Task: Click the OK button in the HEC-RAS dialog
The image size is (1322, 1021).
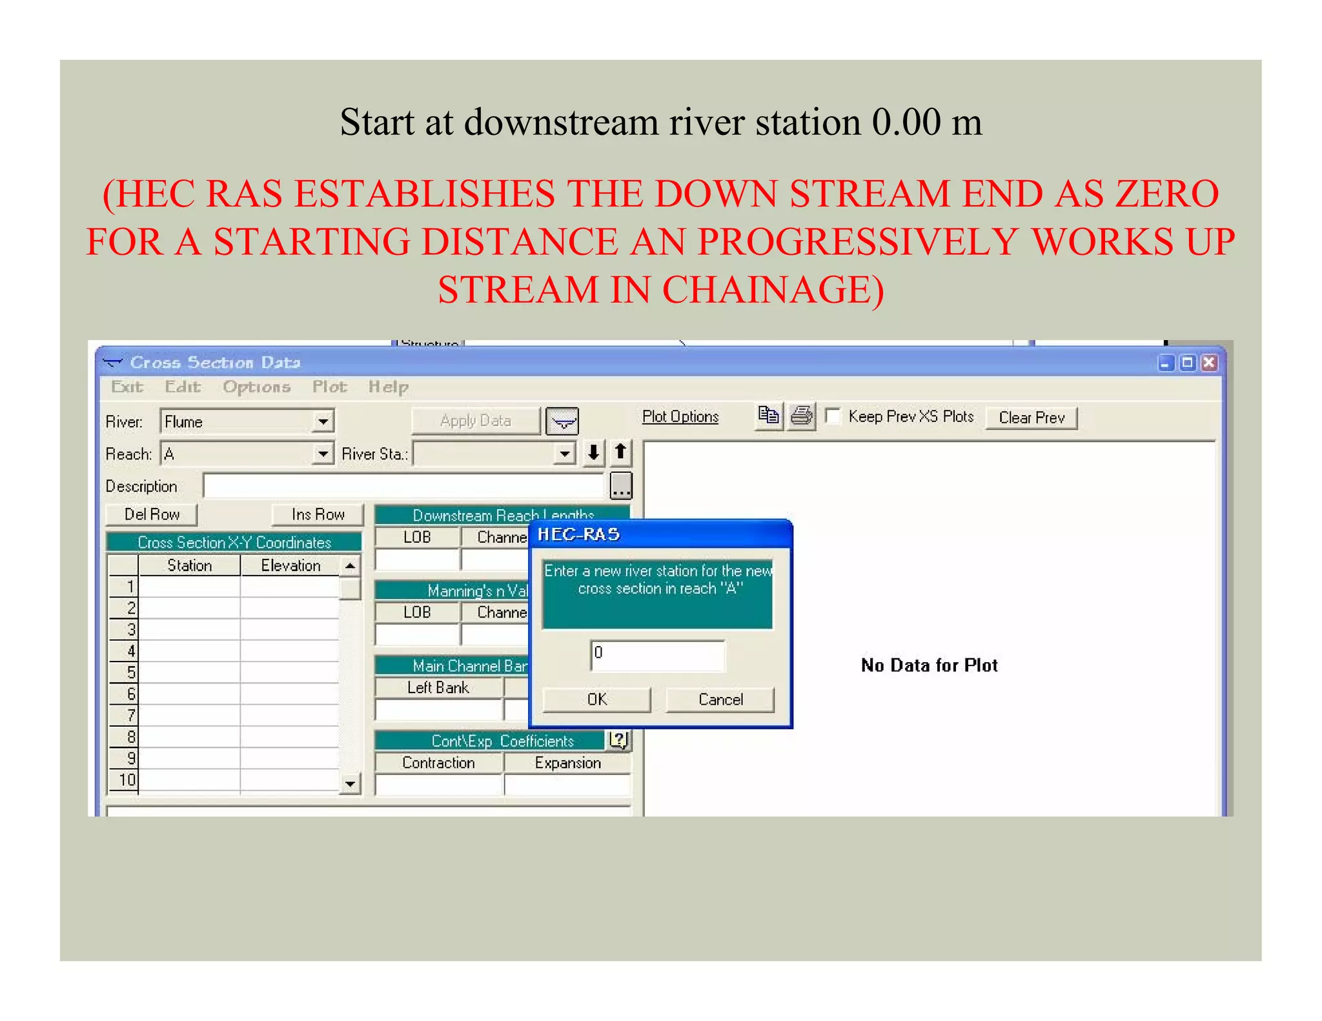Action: [596, 700]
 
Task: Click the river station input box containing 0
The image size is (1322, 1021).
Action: [657, 654]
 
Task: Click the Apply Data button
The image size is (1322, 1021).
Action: [476, 421]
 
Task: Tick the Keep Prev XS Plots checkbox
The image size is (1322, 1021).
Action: [833, 416]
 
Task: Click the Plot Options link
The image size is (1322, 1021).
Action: [680, 417]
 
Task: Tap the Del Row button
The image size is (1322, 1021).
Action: [152, 514]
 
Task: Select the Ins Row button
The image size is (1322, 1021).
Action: [318, 514]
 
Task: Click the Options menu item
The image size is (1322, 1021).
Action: [256, 387]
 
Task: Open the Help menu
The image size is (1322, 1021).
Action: [388, 387]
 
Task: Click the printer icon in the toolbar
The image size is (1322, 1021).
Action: [802, 416]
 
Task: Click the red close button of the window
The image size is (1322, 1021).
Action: [1209, 363]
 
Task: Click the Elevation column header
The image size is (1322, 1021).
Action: [290, 565]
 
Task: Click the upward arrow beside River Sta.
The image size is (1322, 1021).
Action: [620, 452]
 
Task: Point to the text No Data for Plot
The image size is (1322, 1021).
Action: [929, 665]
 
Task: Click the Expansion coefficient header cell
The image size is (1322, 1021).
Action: [567, 763]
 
